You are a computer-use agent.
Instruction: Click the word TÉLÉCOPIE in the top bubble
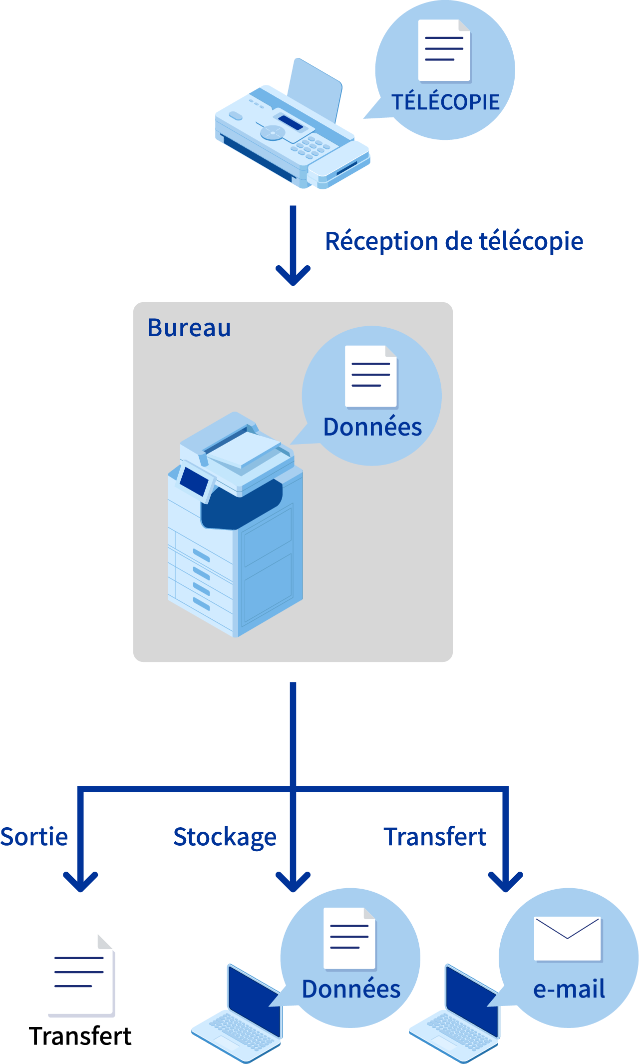pyautogui.click(x=445, y=102)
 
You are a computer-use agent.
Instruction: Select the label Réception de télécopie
pyautogui.click(x=454, y=241)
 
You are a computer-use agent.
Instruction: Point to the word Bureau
pyautogui.click(x=189, y=328)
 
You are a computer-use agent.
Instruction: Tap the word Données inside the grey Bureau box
pyautogui.click(x=372, y=427)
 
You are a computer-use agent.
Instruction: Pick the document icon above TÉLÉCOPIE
pyautogui.click(x=444, y=50)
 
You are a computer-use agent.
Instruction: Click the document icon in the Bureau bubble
pyautogui.click(x=371, y=376)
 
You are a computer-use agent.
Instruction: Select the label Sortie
pyautogui.click(x=34, y=837)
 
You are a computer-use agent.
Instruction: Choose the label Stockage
pyautogui.click(x=225, y=837)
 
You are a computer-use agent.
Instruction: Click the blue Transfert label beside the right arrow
pyautogui.click(x=435, y=837)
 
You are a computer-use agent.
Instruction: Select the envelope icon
pyautogui.click(x=567, y=938)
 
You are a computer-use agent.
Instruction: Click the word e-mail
pyautogui.click(x=569, y=989)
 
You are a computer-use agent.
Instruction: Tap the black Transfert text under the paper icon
pyautogui.click(x=80, y=1037)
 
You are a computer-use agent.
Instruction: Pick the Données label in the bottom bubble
pyautogui.click(x=351, y=989)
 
